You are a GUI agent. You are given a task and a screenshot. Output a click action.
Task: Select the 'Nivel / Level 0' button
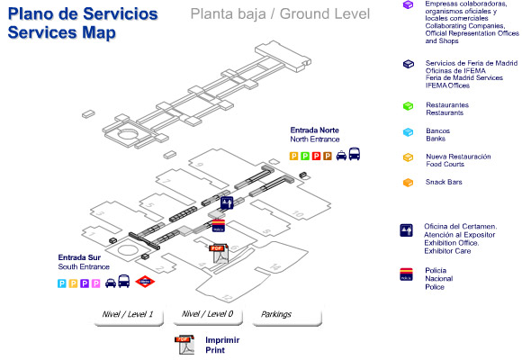tap(206, 314)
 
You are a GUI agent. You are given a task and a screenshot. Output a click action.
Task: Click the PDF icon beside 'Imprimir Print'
tap(184, 344)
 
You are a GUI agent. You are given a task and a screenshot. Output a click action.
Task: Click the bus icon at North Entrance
tap(355, 154)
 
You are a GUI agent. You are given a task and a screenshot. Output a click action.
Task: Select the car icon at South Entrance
tap(112, 283)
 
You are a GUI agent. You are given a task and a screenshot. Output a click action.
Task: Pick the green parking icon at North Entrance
tap(305, 155)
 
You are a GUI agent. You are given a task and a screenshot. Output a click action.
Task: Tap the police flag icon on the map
tap(217, 224)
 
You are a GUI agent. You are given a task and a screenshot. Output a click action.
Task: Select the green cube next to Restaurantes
tap(408, 106)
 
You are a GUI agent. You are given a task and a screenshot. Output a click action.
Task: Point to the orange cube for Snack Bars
tap(408, 183)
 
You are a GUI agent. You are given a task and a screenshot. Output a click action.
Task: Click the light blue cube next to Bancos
tap(408, 131)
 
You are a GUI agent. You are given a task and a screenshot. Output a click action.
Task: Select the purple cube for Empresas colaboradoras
tap(408, 6)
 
